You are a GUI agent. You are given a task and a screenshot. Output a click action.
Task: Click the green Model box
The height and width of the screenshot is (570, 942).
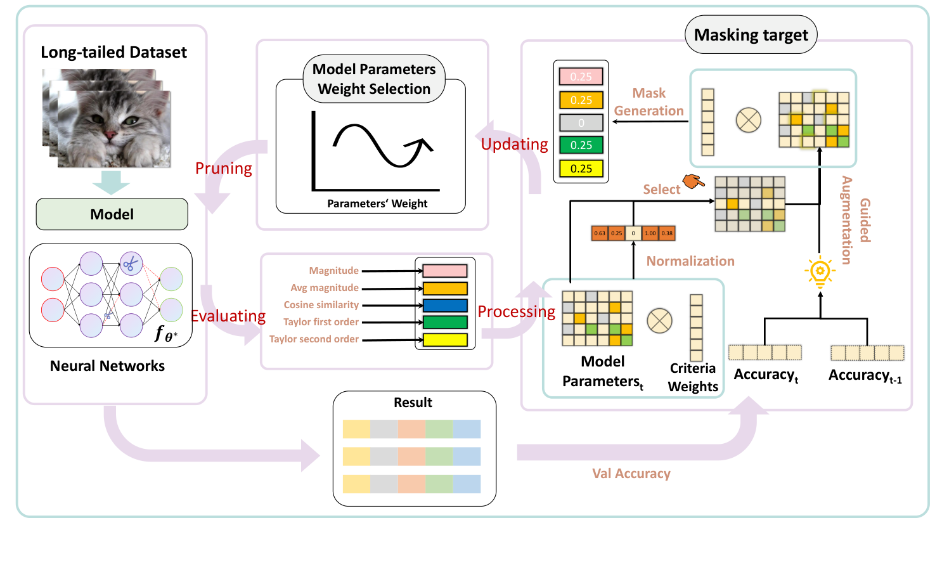[112, 214]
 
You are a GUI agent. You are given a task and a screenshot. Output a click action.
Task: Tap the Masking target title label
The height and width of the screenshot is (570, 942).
[751, 35]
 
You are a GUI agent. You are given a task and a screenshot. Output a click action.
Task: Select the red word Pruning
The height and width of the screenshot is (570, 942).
[223, 169]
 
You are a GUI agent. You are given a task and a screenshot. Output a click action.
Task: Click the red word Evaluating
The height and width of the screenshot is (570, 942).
[228, 316]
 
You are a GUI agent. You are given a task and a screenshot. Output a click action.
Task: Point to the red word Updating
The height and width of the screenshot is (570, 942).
[514, 145]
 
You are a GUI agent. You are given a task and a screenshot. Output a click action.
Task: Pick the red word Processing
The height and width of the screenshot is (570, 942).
[516, 312]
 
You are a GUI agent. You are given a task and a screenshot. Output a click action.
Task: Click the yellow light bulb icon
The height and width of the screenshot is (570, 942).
[820, 272]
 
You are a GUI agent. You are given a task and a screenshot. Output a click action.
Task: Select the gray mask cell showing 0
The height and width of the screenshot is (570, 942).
[581, 122]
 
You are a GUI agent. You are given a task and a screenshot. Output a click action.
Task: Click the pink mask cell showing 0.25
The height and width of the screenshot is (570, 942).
[581, 77]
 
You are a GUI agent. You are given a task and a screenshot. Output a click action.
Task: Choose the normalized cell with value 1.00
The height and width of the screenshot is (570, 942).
[650, 233]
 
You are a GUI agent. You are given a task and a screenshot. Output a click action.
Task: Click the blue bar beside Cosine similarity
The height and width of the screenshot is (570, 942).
[445, 305]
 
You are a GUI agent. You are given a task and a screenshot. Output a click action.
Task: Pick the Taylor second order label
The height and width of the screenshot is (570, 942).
[314, 339]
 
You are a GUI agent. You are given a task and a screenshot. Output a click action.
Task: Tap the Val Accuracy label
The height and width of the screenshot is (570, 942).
[631, 474]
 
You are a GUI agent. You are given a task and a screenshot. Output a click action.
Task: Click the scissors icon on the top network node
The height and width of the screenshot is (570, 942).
[131, 263]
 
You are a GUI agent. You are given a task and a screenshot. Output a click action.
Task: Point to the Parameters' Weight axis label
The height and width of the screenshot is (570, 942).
[377, 204]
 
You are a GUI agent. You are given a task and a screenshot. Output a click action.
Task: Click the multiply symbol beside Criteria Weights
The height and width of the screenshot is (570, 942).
[659, 321]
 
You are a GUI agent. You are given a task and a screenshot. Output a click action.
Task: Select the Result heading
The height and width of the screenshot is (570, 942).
[413, 403]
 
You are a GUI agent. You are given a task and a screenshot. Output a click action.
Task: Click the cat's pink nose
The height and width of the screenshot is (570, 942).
[110, 134]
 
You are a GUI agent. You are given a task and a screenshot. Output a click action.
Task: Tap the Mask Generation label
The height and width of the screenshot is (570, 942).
[648, 102]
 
